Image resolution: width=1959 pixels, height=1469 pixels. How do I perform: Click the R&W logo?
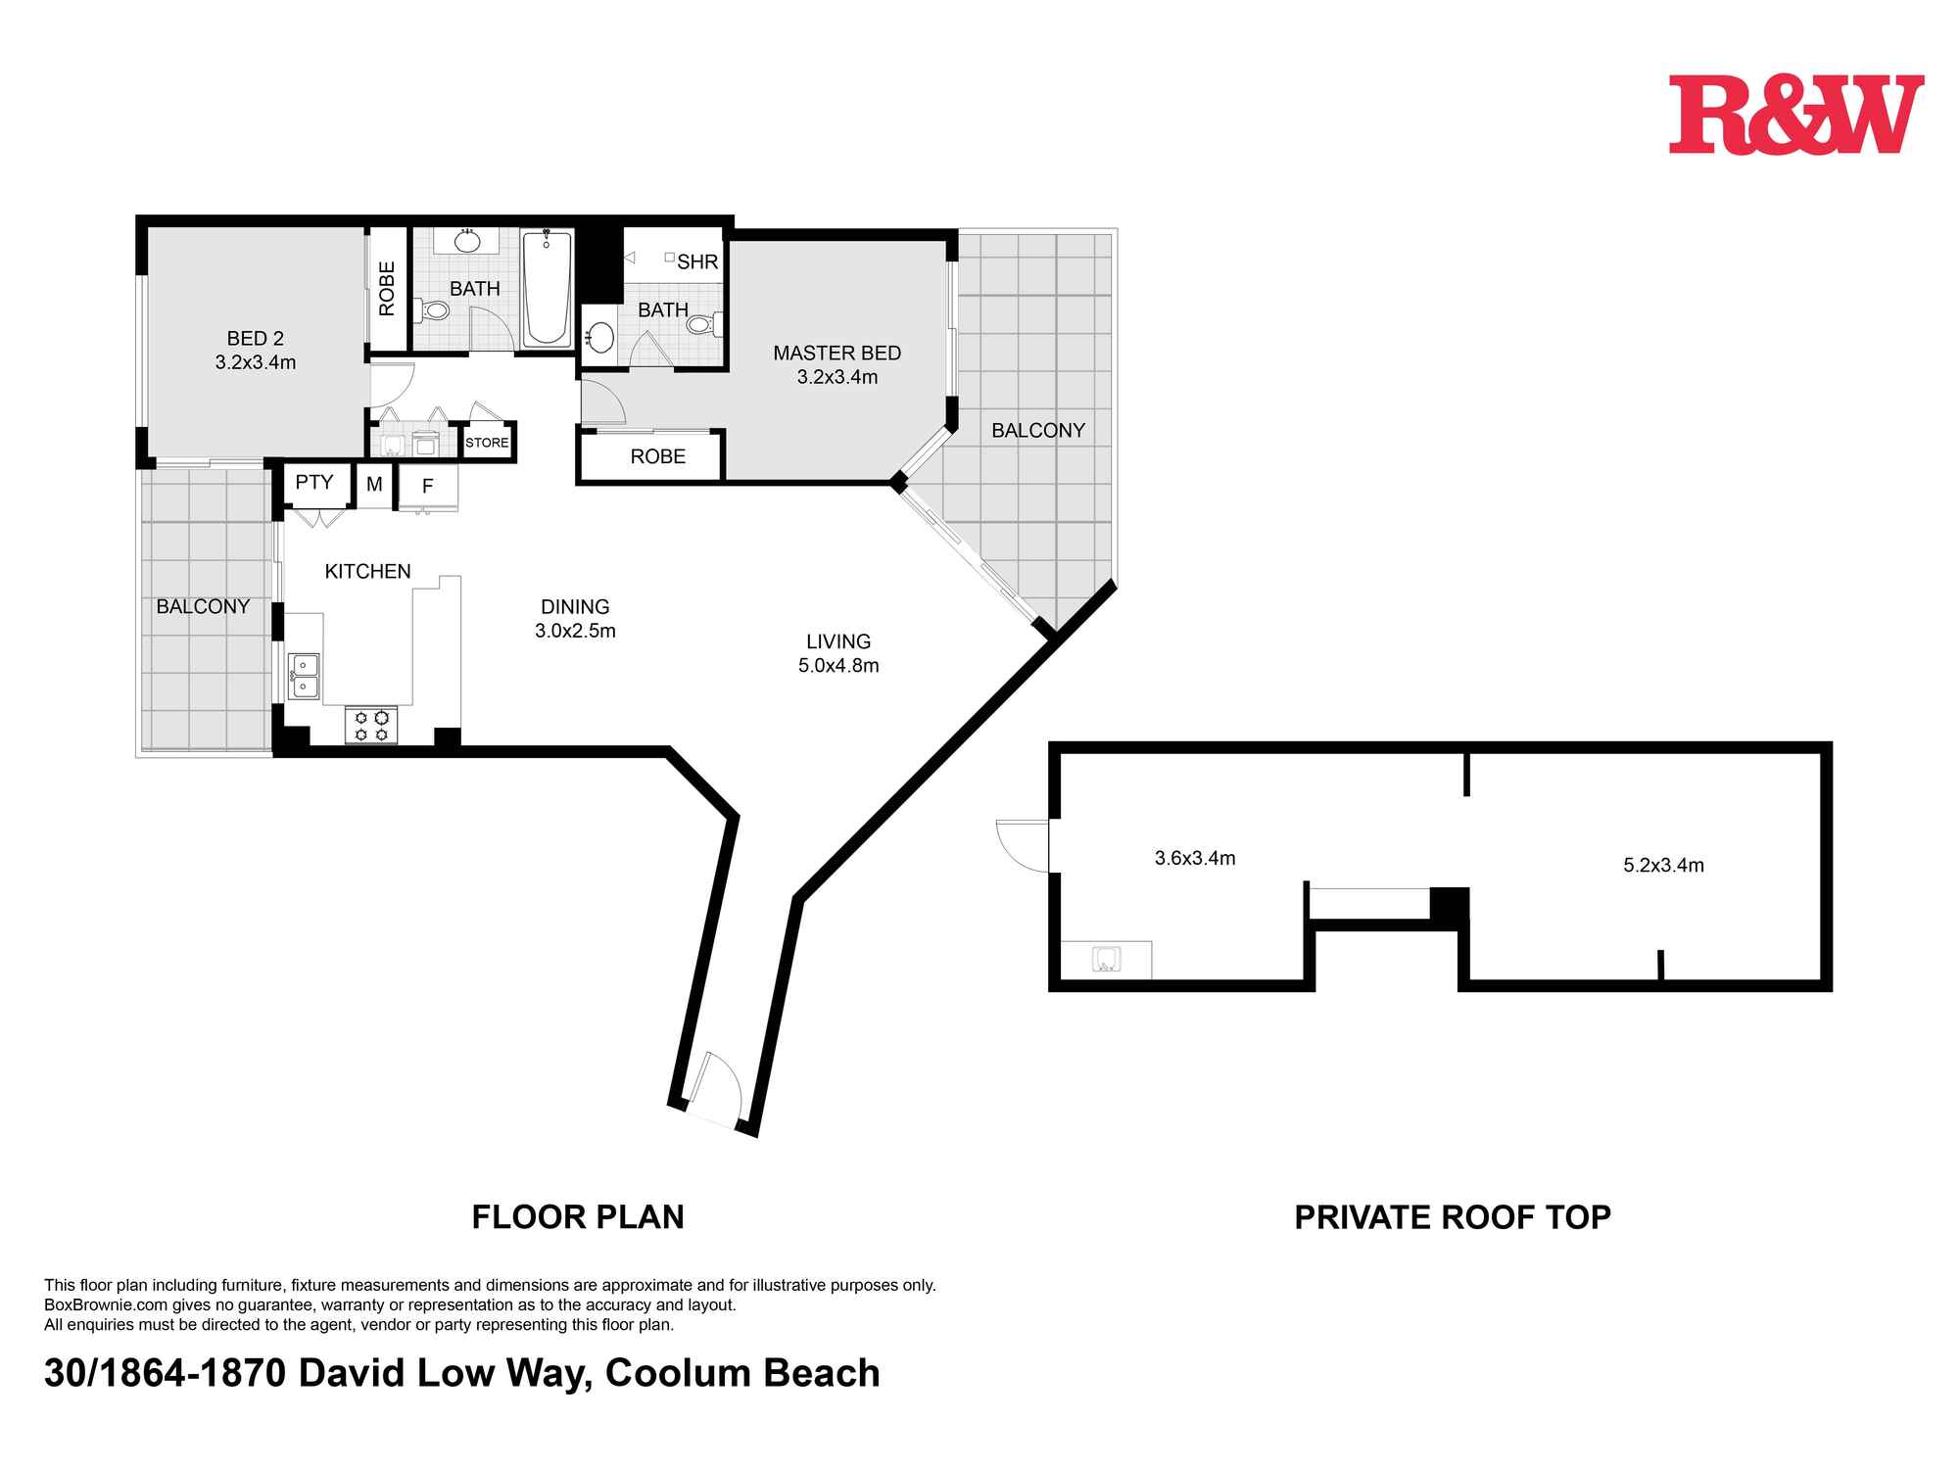pos(1796,115)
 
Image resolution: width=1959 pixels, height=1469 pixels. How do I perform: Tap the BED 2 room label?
pos(256,339)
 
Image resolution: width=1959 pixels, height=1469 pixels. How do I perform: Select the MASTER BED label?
pos(836,353)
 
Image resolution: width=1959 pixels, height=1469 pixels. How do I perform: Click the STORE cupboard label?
pos(487,443)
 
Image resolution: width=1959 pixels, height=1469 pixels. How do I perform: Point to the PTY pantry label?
pos(314,482)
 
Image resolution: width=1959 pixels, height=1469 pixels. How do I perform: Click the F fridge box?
pos(428,486)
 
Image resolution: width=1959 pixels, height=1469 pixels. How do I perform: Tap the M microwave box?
pos(374,484)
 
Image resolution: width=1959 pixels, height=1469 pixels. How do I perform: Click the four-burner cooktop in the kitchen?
pos(371,725)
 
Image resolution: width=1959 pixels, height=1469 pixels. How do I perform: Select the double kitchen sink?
pos(304,676)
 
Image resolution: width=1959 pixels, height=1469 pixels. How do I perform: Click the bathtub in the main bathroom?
pos(548,288)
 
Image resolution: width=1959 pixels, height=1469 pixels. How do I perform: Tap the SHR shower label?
pos(697,261)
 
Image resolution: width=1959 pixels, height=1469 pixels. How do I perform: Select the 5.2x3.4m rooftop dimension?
pos(1663,865)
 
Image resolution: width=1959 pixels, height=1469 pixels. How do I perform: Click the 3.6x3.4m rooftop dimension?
pos(1195,858)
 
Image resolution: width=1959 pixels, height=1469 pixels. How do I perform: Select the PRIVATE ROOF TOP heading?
pos(1453,1216)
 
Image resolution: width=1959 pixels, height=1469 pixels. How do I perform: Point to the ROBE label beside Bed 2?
pos(387,288)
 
